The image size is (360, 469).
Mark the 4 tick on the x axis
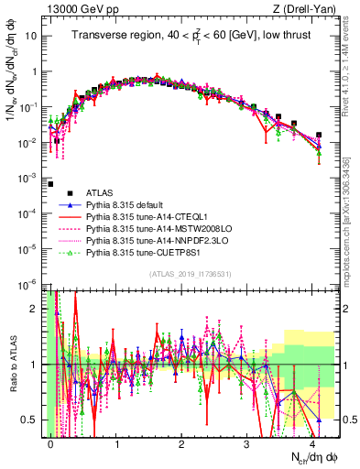click(x=313, y=442)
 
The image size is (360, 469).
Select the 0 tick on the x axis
click(x=51, y=442)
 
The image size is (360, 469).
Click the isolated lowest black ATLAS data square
click(x=51, y=183)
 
